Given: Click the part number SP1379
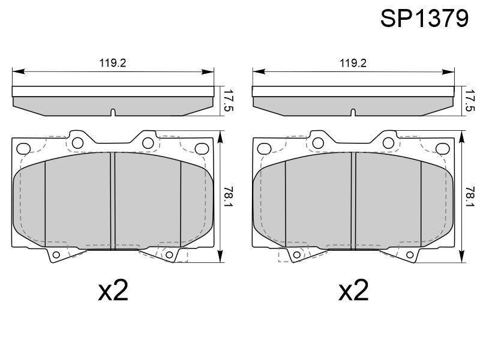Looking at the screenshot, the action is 424,19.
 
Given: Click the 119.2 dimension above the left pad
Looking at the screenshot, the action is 113,63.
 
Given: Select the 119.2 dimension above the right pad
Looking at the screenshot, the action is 353,63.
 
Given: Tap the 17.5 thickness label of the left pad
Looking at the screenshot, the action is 228,100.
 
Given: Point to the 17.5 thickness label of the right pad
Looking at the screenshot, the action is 470,100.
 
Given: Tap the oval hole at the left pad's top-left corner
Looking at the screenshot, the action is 23,149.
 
